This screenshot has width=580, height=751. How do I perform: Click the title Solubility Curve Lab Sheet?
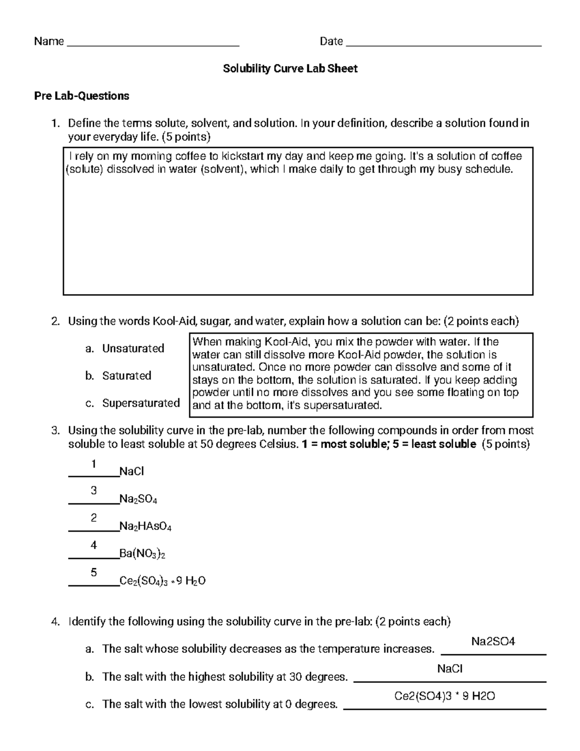click(290, 69)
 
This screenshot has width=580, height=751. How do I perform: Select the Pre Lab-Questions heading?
click(81, 96)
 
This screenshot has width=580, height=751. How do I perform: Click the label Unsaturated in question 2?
click(133, 349)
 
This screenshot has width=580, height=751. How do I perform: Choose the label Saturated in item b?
click(127, 376)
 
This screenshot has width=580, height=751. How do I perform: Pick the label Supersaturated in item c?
click(141, 403)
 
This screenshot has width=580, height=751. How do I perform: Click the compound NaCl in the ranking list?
click(131, 471)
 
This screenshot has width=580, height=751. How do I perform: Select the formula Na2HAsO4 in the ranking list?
click(145, 527)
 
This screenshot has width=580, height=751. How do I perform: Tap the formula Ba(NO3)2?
click(142, 554)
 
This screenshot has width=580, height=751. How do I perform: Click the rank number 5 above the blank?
click(94, 573)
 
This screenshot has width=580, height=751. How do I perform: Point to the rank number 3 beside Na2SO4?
click(94, 491)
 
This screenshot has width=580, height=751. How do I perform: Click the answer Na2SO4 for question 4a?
click(493, 642)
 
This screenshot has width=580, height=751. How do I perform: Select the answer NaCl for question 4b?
click(449, 669)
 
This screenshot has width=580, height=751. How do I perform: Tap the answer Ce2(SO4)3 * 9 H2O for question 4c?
click(445, 696)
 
